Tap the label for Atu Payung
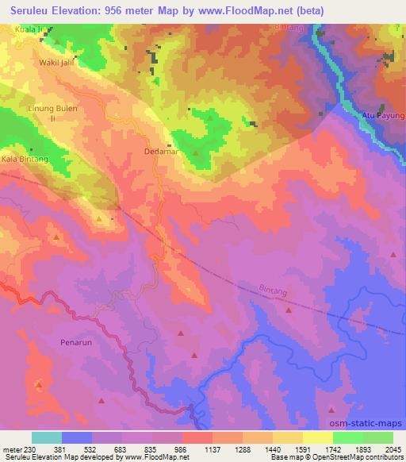(x=384, y=116)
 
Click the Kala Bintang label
(x=25, y=159)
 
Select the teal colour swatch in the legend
(x=47, y=437)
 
